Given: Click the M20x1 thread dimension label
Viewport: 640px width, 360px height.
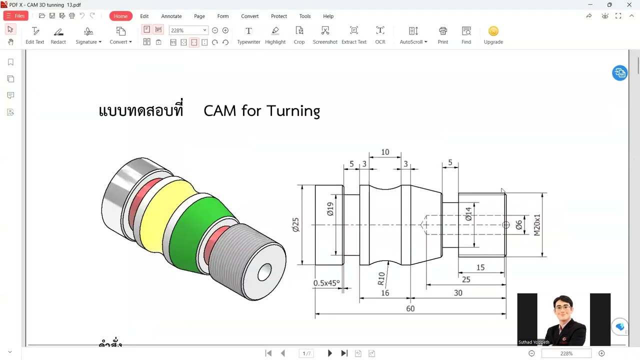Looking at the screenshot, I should (537, 225).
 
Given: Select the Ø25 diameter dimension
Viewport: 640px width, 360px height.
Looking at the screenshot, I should (295, 224).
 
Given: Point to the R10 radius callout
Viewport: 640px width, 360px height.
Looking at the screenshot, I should (381, 278).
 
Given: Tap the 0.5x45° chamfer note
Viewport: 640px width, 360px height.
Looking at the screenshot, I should (326, 283).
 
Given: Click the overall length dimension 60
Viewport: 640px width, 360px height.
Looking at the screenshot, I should (410, 308).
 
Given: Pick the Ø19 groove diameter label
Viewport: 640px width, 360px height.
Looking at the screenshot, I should (330, 209).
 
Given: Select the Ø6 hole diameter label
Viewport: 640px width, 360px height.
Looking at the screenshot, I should (519, 225).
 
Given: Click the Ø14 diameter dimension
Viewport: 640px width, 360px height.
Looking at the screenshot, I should (468, 214).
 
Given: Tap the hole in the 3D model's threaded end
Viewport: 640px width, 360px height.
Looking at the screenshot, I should (264, 272).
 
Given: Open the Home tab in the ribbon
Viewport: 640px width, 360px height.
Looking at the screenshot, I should (120, 16).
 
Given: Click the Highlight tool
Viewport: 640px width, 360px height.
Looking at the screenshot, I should (275, 35).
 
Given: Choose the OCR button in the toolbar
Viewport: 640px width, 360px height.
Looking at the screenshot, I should (380, 35).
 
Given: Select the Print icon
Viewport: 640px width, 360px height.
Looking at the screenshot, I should (442, 35).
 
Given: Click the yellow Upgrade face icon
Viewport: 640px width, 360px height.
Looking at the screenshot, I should (493, 31).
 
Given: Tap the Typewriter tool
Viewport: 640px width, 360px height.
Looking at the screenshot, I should (248, 35).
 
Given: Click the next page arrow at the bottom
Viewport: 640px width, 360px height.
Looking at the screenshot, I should (329, 353).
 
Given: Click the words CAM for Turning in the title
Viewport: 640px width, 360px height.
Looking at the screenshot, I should (261, 110).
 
